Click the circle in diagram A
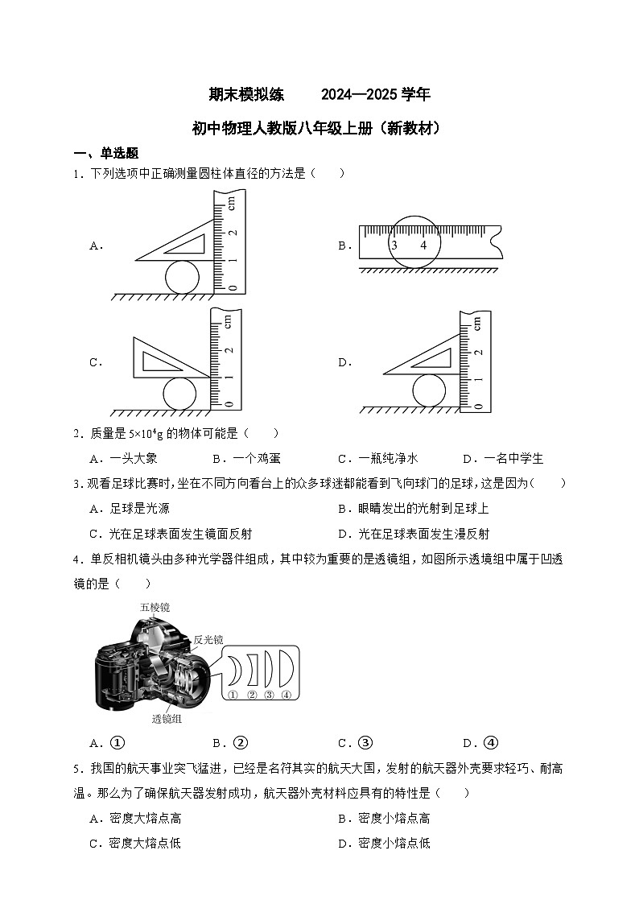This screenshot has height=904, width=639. (182, 277)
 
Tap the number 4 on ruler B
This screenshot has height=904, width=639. (423, 245)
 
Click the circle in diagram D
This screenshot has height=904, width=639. (428, 391)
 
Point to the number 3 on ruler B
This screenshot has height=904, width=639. (394, 245)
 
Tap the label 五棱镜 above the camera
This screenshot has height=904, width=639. (155, 607)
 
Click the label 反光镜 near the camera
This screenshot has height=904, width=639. (208, 640)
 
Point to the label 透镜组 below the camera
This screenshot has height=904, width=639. (167, 719)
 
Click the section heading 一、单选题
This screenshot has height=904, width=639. (105, 153)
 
